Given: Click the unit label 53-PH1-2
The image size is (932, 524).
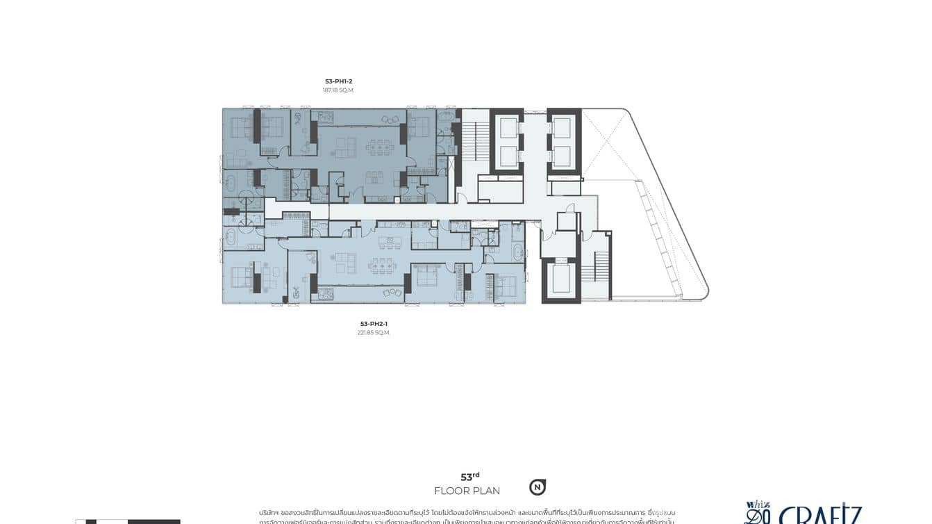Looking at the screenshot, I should (x=338, y=81).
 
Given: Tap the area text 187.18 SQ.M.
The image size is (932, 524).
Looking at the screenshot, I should (x=338, y=90).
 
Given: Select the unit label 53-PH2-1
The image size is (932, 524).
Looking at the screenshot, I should (x=374, y=324).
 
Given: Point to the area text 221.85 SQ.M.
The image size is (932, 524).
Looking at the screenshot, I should (x=374, y=333).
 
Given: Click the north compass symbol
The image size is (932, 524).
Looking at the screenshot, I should (x=537, y=487).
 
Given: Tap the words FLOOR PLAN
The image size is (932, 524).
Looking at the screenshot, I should (x=467, y=491).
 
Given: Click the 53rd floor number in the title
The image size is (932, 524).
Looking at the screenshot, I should (x=470, y=477).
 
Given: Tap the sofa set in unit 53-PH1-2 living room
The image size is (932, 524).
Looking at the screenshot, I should (x=345, y=147).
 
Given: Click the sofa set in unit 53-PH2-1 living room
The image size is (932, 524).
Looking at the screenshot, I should (x=344, y=263).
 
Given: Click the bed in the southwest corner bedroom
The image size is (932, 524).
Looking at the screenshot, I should (x=240, y=278).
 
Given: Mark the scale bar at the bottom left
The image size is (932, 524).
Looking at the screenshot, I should (x=128, y=521).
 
